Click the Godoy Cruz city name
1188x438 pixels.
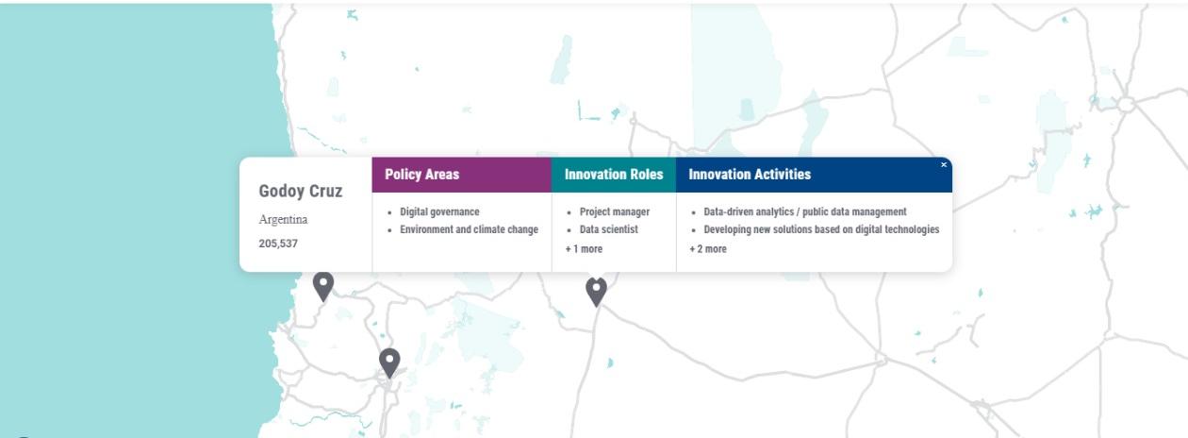(x=300, y=191)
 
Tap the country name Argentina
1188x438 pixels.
(x=283, y=219)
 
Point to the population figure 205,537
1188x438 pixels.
(x=278, y=244)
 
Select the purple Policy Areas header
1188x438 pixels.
(x=461, y=175)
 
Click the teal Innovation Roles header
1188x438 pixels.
(x=614, y=175)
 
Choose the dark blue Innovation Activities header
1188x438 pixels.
(x=814, y=175)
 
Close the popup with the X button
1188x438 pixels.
(x=944, y=164)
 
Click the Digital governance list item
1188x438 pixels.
(x=439, y=211)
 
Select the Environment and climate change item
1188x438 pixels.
(x=469, y=229)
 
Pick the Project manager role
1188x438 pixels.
(x=614, y=211)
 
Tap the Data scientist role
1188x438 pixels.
(x=608, y=229)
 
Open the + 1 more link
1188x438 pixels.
(x=584, y=249)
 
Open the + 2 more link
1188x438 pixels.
(x=707, y=249)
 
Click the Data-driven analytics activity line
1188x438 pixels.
(x=804, y=211)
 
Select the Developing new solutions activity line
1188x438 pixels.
(x=821, y=229)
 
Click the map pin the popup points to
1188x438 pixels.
(x=596, y=291)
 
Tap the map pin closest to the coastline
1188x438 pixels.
(x=323, y=286)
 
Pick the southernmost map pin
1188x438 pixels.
(x=389, y=362)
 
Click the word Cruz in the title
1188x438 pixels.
(x=325, y=191)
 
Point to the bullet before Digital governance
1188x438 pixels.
(x=389, y=213)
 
